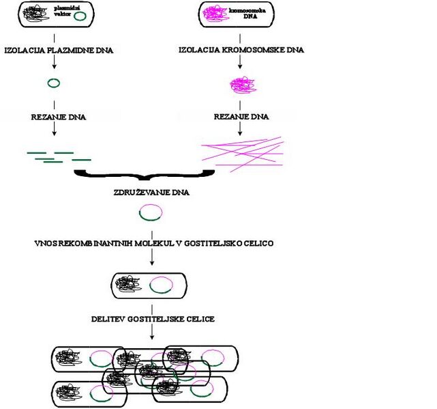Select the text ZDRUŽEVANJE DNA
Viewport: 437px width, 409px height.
[x=151, y=193]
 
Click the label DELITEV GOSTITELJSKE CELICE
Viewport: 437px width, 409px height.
[x=153, y=319]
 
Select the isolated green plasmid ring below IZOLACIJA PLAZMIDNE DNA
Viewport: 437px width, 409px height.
[x=53, y=83]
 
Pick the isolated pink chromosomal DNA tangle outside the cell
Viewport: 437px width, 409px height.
[x=239, y=85]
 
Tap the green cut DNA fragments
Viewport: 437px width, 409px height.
[x=57, y=157]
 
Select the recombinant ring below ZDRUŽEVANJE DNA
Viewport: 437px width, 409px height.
[x=151, y=214]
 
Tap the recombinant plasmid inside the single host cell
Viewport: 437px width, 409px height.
[x=162, y=285]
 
